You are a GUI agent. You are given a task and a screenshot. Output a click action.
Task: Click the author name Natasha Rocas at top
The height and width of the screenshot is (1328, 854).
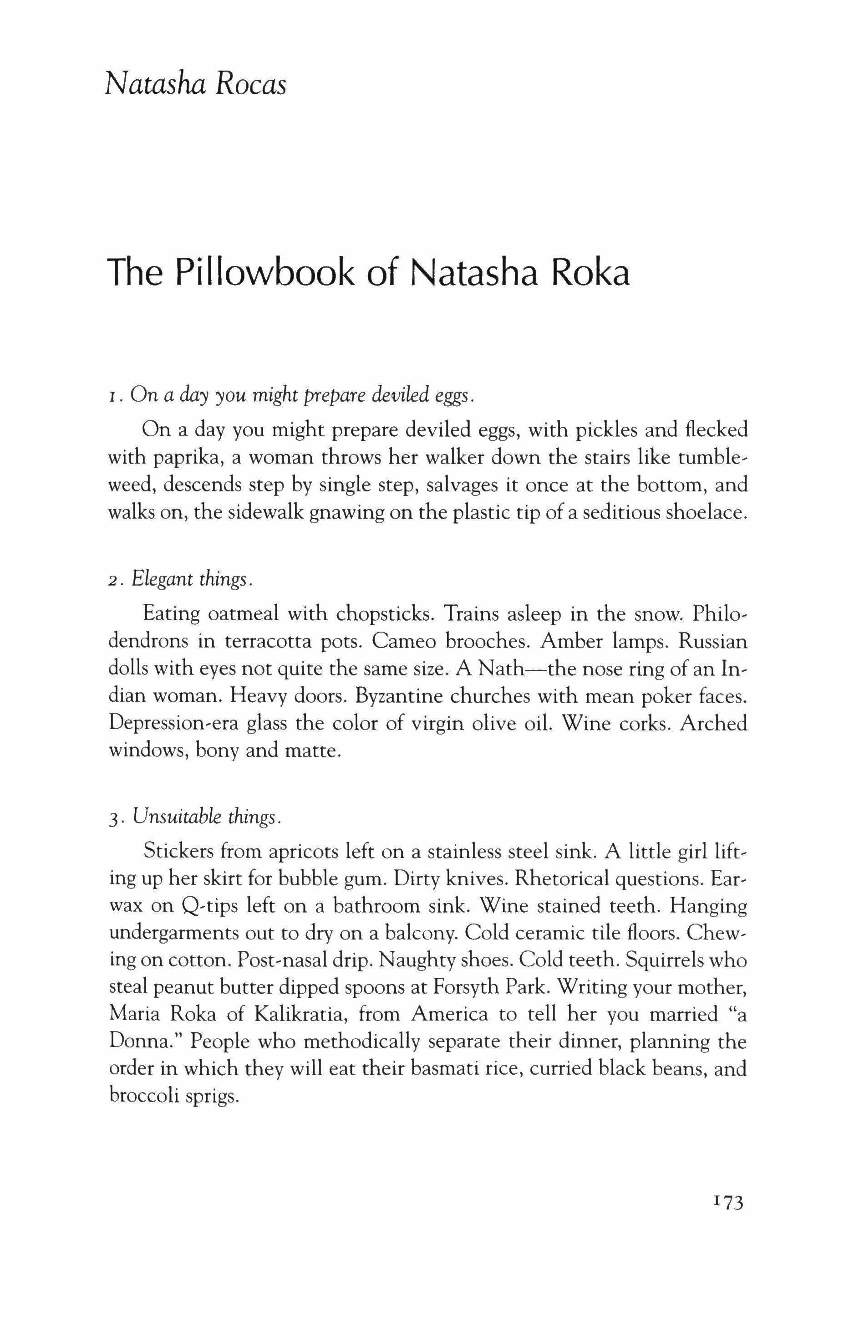pos(195,85)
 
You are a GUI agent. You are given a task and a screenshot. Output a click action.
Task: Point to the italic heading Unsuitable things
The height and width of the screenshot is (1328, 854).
pos(204,817)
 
